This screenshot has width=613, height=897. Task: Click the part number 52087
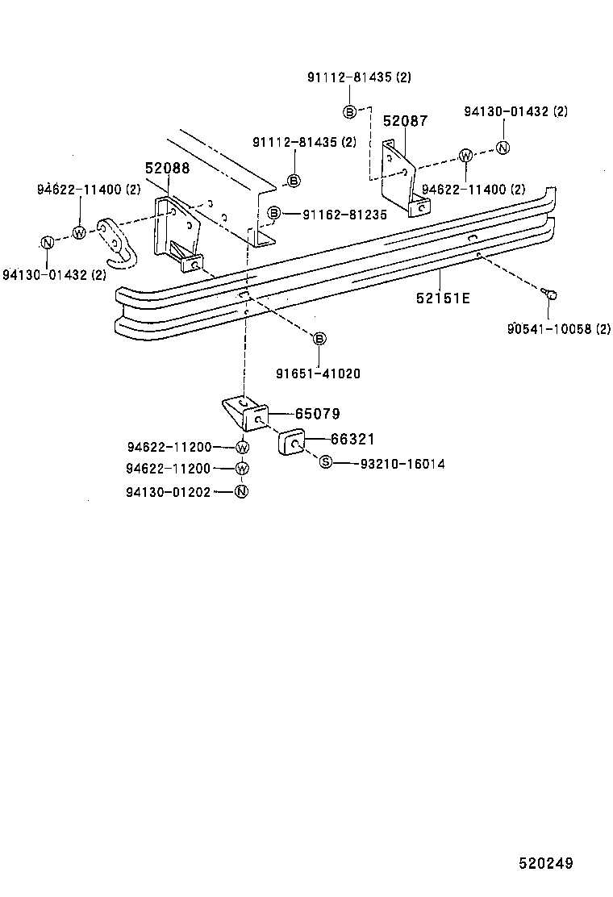[x=405, y=121]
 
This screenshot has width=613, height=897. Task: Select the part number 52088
[x=168, y=169]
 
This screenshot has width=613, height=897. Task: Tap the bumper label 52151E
[x=443, y=298]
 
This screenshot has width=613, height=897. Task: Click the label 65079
[x=317, y=414]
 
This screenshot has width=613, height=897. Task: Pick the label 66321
[x=352, y=439]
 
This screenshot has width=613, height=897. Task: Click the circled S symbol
[x=326, y=462]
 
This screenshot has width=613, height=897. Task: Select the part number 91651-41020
[x=318, y=373]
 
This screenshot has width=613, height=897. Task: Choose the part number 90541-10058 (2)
[x=559, y=328]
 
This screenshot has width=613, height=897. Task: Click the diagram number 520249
[x=545, y=863]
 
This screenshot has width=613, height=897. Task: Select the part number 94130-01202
[x=168, y=491]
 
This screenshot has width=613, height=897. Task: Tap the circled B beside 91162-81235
[x=274, y=214]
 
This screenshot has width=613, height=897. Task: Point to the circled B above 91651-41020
[x=319, y=338]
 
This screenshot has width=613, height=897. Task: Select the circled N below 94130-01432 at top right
[x=502, y=147]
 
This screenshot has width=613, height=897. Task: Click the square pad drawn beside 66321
[x=291, y=443]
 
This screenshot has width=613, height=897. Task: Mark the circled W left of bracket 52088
[x=79, y=232]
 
